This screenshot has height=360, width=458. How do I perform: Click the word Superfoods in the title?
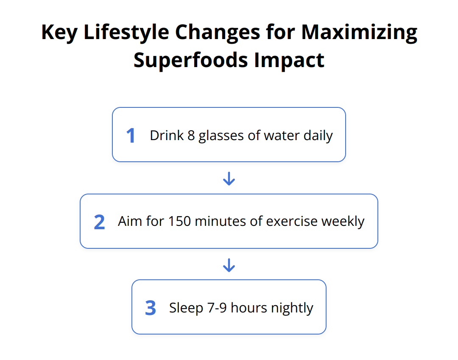tap(191, 60)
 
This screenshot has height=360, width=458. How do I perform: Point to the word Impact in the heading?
tap(289, 60)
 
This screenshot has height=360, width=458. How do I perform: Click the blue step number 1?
tap(131, 136)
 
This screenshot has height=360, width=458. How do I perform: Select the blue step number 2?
tap(99, 222)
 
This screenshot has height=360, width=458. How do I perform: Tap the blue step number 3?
tap(151, 308)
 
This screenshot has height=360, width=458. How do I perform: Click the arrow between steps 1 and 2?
tap(229, 178)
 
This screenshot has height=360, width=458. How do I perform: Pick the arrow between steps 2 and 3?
tap(229, 265)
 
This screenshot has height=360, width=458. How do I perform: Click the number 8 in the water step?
tap(191, 136)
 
